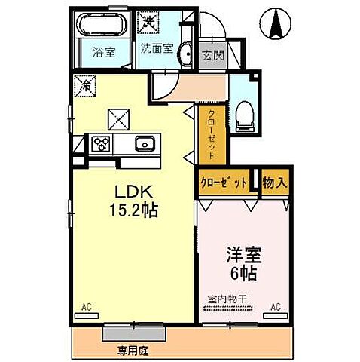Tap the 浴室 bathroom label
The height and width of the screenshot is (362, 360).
(102, 53)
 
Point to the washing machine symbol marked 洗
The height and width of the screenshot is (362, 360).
(149, 22)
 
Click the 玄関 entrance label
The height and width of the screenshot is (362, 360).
(212, 56)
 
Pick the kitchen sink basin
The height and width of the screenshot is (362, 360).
(145, 143)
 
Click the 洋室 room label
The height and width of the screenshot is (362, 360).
(241, 255)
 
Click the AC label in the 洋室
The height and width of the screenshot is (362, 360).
(275, 306)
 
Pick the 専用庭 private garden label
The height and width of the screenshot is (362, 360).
(131, 350)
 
